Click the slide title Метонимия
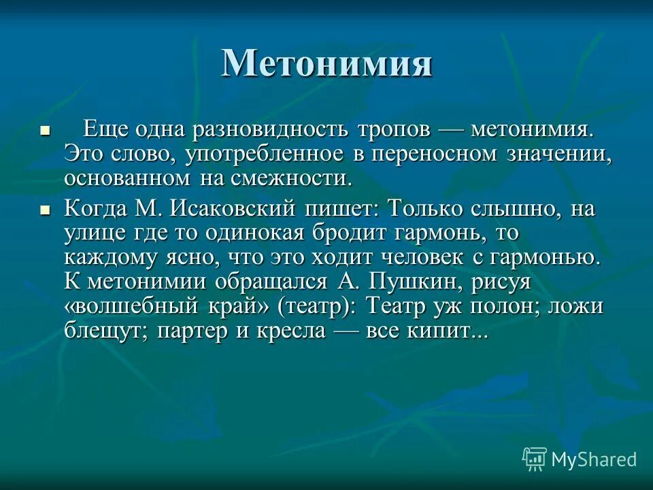(326, 63)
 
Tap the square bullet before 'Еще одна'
(46, 129)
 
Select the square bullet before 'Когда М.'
(46, 211)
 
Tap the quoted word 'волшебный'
(132, 306)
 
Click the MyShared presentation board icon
(535, 459)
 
